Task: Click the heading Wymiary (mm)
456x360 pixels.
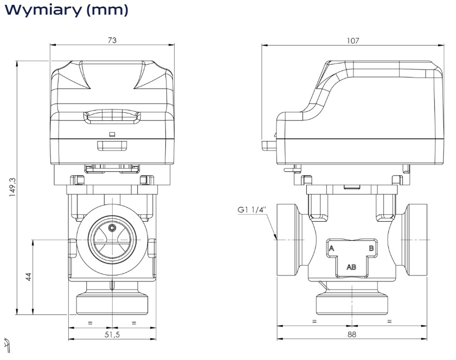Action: (x=66, y=10)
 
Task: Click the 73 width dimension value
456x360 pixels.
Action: (x=112, y=41)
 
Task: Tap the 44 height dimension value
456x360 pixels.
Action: (x=29, y=277)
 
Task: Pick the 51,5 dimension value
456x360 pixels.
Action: (x=112, y=335)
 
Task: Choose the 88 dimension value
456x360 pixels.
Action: (x=352, y=335)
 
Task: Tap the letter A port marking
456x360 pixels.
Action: (x=331, y=248)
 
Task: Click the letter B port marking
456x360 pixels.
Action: (x=371, y=248)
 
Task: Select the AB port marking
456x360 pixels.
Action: (x=351, y=267)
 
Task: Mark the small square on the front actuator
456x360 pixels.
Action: (x=112, y=133)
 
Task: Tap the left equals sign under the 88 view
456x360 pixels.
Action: (x=314, y=322)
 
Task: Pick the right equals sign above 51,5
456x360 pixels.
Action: (x=134, y=323)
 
